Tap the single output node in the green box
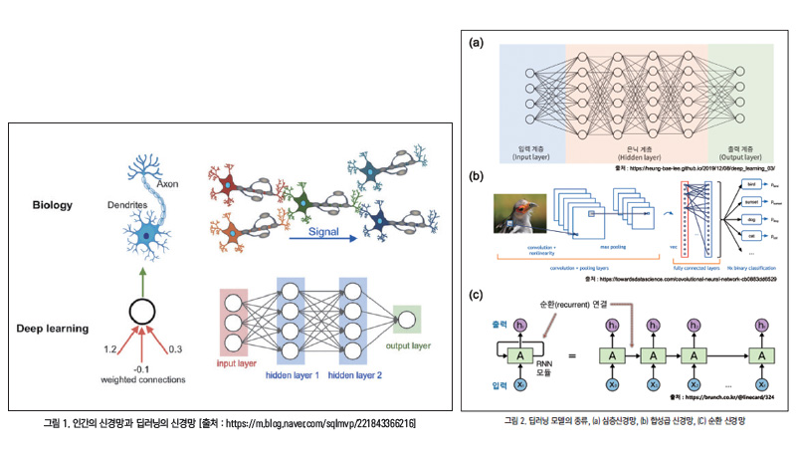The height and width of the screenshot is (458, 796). pos(406,319)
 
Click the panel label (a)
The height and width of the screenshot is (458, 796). pos(478,44)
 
